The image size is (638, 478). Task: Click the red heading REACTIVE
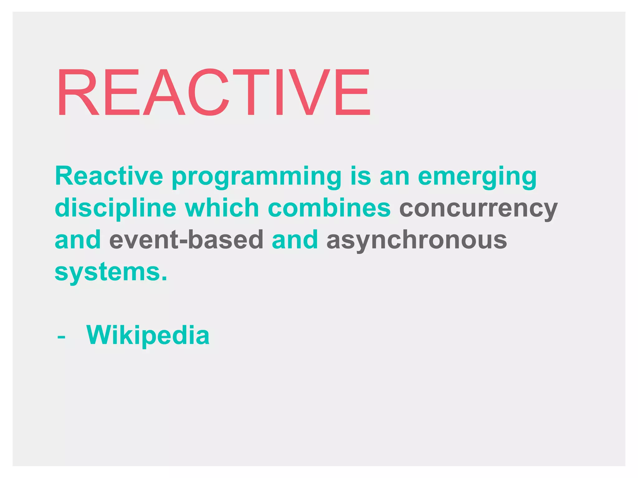(213, 92)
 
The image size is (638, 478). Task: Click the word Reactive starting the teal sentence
(109, 176)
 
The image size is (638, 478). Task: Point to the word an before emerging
(394, 177)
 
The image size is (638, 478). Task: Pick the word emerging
(477, 177)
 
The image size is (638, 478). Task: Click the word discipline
(116, 209)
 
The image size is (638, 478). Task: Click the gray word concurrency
(478, 209)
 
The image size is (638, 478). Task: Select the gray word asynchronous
(417, 241)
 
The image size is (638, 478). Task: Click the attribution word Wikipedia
(148, 335)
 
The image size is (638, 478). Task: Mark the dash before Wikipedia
(61, 337)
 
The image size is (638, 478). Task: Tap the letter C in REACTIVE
(208, 92)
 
